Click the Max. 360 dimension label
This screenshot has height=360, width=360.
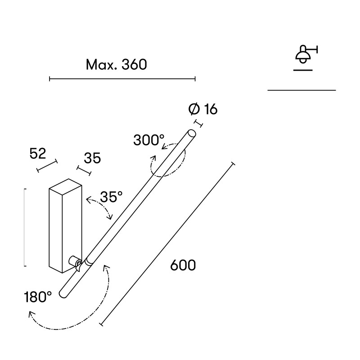pyautogui.click(x=116, y=64)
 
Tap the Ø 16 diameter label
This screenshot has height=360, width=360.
pyautogui.click(x=203, y=109)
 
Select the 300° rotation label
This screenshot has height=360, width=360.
pyautogui.click(x=149, y=140)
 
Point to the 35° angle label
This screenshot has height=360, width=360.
pyautogui.click(x=111, y=197)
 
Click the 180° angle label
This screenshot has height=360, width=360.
pyautogui.click(x=38, y=297)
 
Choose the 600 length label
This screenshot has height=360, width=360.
pyautogui.click(x=183, y=265)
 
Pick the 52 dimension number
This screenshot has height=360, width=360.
pyautogui.click(x=38, y=153)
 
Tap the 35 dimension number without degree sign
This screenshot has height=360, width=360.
pyautogui.click(x=92, y=158)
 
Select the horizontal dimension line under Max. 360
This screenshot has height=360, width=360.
pyautogui.click(x=122, y=79)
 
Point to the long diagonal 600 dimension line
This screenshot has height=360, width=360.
pyautogui.click(x=167, y=244)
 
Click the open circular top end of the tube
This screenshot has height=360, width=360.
pyautogui.click(x=192, y=133)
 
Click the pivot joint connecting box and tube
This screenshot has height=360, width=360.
pyautogui.click(x=76, y=262)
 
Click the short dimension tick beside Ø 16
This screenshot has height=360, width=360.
pyautogui.click(x=199, y=123)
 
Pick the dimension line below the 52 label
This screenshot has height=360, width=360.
pyautogui.click(x=47, y=166)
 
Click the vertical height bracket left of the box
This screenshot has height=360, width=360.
pyautogui.click(x=25, y=228)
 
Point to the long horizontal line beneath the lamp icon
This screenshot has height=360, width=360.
pyautogui.click(x=301, y=90)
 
